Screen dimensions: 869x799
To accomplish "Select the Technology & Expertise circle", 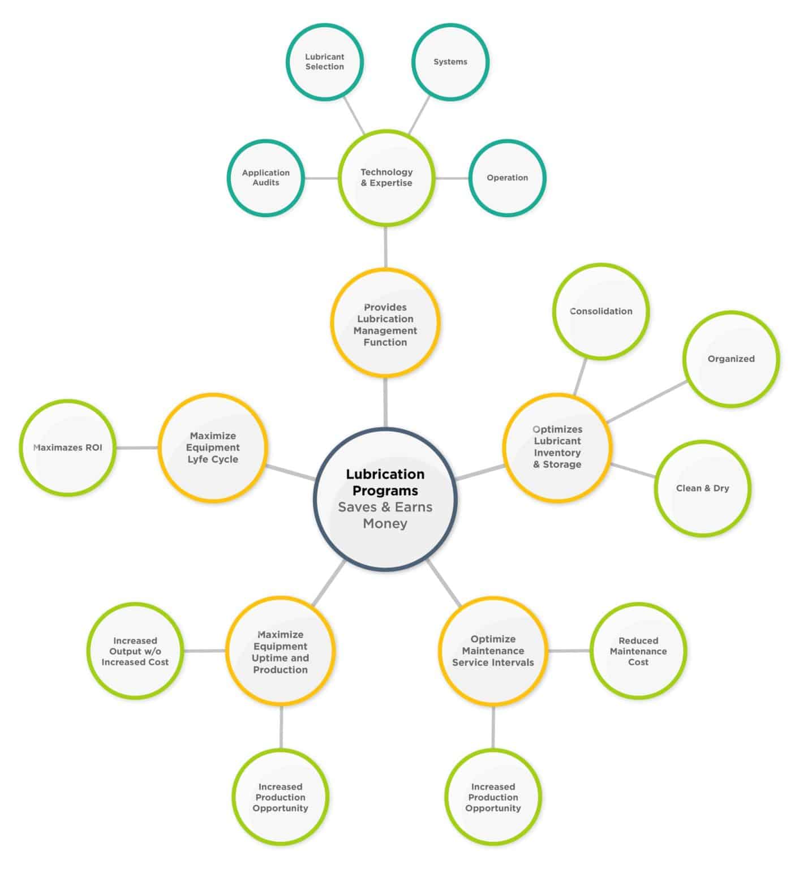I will click(x=386, y=178).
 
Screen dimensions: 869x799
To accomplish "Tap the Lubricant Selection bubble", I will click(x=325, y=62).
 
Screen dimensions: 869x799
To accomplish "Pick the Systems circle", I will click(x=450, y=62).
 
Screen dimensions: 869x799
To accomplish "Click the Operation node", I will click(x=507, y=178).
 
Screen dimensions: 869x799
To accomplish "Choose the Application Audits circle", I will click(x=266, y=178).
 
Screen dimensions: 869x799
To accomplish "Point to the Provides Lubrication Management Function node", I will click(x=385, y=324).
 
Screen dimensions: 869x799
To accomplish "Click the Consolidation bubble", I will click(x=601, y=311).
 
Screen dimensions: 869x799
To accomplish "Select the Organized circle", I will click(x=731, y=359).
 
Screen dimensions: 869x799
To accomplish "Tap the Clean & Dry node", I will click(x=703, y=488).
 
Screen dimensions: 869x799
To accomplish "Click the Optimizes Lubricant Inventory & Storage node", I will click(x=557, y=447).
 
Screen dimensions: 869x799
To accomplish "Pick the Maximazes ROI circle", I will click(x=68, y=448).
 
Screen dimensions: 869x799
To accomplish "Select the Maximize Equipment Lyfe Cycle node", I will click(x=213, y=447).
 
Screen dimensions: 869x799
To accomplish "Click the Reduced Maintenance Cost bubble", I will click(x=638, y=651).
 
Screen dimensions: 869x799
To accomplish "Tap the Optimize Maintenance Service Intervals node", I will click(x=493, y=651).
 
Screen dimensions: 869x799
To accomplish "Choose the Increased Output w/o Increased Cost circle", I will click(x=135, y=651).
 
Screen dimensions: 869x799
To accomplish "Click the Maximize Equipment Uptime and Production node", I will click(x=281, y=652).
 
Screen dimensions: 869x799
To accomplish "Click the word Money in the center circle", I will click(x=385, y=523).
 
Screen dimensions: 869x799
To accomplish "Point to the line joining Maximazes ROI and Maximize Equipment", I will click(x=137, y=448).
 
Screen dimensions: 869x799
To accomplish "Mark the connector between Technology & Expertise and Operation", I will click(x=452, y=178).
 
